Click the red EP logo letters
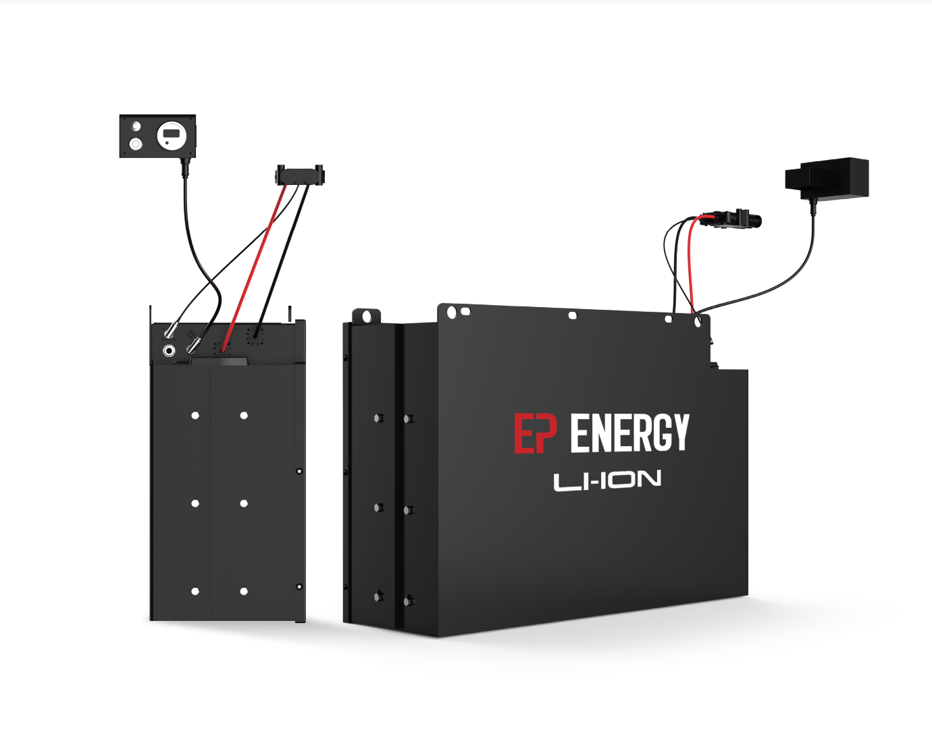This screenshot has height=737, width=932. tap(535, 433)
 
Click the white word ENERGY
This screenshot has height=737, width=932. tap(629, 433)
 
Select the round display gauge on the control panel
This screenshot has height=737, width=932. tap(171, 136)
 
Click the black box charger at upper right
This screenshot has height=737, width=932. tap(827, 179)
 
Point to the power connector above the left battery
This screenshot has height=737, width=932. tap(300, 175)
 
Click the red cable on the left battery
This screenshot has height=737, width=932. tap(253, 269)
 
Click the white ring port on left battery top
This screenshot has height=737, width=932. tap(169, 350)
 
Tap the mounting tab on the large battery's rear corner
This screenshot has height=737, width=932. tap(367, 316)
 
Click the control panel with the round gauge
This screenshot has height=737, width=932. tap(157, 136)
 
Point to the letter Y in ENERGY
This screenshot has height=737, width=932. tap(679, 432)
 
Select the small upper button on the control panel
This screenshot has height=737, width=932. tap(136, 126)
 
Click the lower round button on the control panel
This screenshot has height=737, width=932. tap(136, 144)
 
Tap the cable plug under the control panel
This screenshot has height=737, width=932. tap(185, 167)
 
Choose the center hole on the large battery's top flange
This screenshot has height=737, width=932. tap(572, 315)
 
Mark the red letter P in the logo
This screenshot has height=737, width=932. tap(546, 433)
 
